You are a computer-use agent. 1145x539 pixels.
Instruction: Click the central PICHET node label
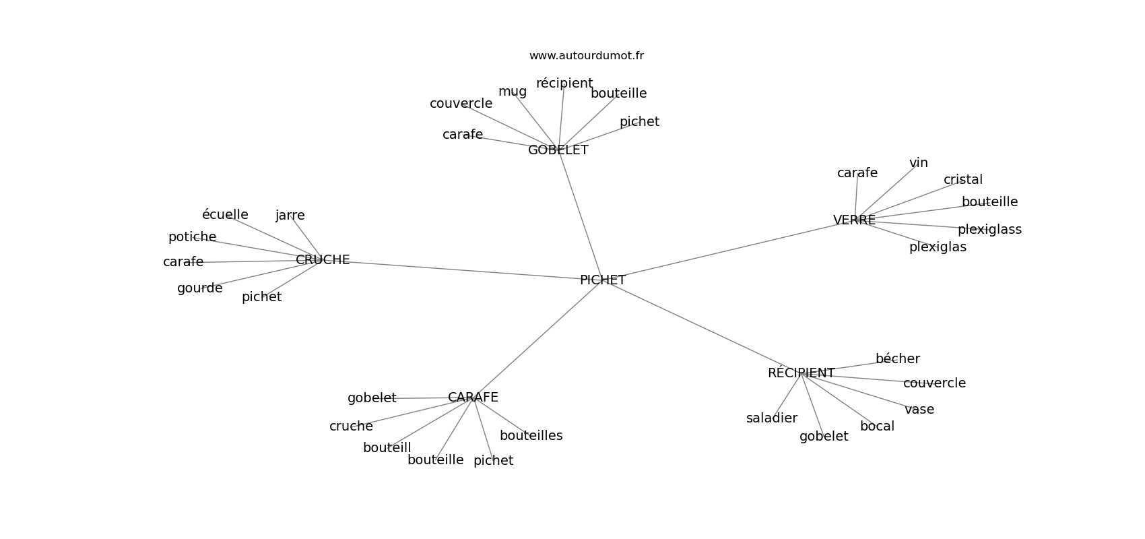click(x=603, y=280)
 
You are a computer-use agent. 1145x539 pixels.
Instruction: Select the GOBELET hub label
click(x=558, y=150)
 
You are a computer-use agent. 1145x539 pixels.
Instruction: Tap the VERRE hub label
click(x=854, y=220)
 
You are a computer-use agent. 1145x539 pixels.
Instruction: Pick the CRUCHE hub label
click(x=323, y=260)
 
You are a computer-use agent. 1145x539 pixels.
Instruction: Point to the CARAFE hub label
click(x=473, y=398)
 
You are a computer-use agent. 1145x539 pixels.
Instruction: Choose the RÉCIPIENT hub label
click(x=801, y=373)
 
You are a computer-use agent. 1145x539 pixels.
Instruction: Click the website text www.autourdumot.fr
click(x=586, y=56)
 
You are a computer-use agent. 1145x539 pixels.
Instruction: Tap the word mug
click(x=513, y=92)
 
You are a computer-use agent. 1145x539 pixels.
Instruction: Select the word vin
click(x=919, y=163)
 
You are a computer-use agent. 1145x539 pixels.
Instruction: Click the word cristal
click(x=963, y=180)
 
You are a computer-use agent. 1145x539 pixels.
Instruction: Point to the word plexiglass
click(x=989, y=230)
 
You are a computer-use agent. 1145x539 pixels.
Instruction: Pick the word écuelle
click(x=225, y=215)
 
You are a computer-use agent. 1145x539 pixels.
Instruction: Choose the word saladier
click(x=772, y=418)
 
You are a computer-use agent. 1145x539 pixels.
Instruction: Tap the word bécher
click(x=898, y=359)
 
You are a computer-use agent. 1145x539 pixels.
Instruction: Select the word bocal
click(x=877, y=426)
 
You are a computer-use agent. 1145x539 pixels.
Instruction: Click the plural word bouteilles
click(x=531, y=436)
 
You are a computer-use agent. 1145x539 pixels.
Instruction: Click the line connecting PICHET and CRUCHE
click(x=463, y=270)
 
